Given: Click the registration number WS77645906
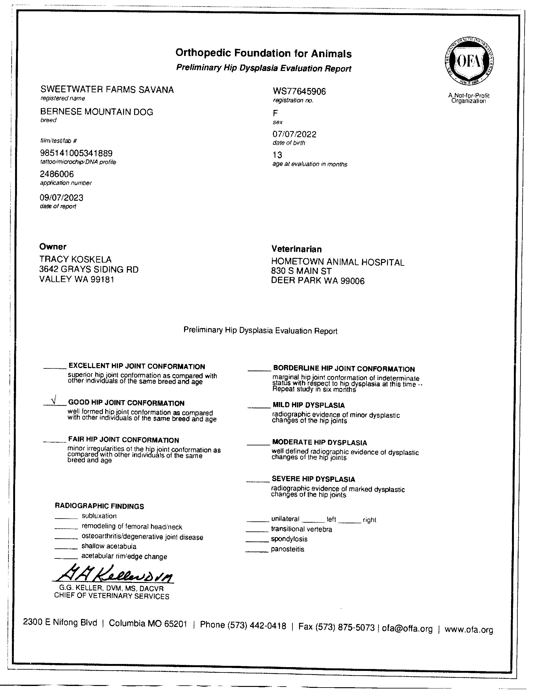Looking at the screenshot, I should coord(299,91).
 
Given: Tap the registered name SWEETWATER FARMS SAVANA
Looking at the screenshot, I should coord(107,90).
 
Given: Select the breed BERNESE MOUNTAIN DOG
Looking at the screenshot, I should coord(96,112).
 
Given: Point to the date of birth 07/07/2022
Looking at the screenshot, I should coord(294,134).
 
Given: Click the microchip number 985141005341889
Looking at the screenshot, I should coord(76,154).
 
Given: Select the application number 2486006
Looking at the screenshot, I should coord(57,174).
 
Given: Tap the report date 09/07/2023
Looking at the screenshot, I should coord(61,198).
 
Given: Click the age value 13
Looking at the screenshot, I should coord(277,155).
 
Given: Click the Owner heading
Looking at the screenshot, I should coord(52,247).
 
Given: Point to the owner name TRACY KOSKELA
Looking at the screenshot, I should coord(75,259).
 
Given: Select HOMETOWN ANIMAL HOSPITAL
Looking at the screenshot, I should coord(338,262).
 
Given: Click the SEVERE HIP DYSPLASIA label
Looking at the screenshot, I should coord(313,479).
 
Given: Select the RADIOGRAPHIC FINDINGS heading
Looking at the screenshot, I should coord(99,506).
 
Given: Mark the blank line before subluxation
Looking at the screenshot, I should coord(66,518).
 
